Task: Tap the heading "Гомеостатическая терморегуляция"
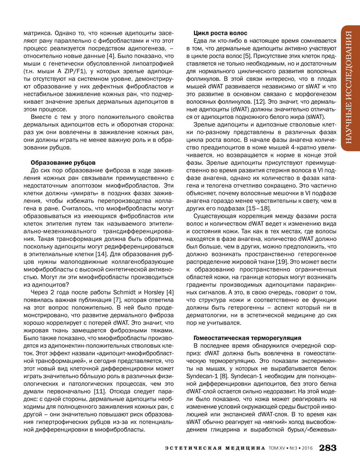pos(247,338)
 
